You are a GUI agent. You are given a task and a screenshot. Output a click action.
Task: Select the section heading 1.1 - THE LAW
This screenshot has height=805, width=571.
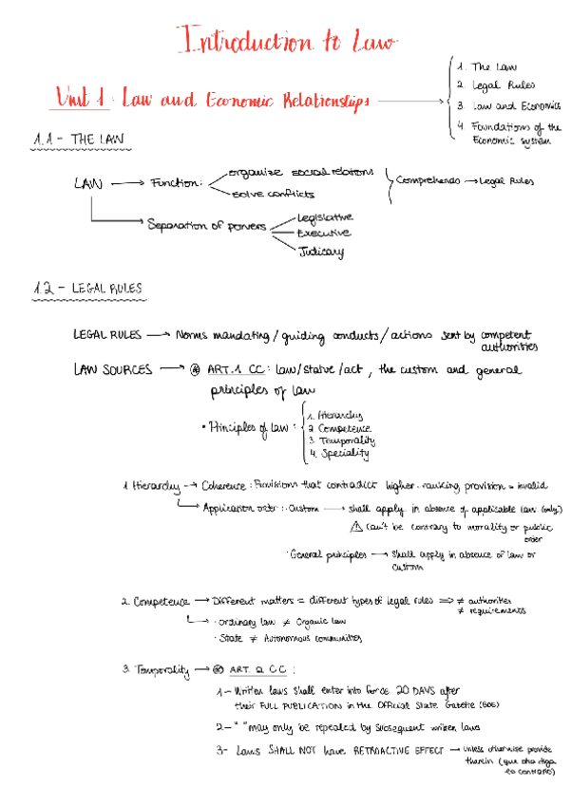[79, 140]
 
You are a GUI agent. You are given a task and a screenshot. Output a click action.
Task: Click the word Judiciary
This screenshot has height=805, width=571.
[320, 252]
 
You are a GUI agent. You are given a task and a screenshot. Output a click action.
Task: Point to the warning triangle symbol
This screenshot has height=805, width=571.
[355, 527]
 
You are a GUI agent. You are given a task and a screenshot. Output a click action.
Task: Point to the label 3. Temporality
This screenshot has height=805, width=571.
[156, 669]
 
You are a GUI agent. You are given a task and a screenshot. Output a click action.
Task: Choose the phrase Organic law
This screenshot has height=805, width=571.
[319, 622]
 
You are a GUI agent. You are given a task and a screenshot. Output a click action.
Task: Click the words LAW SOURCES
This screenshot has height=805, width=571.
[112, 370]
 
